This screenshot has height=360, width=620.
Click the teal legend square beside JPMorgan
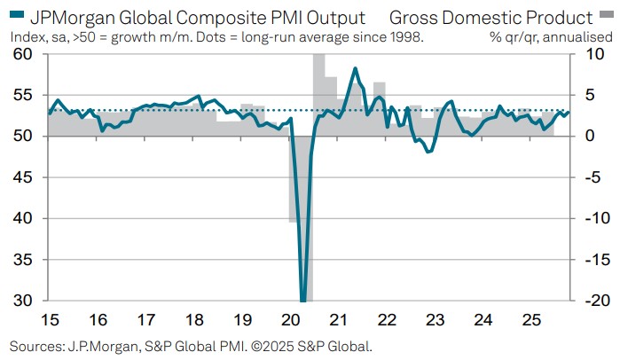pyautogui.click(x=17, y=17)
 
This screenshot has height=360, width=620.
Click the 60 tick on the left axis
pyautogui.click(x=26, y=54)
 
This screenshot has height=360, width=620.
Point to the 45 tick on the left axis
pyautogui.click(x=26, y=177)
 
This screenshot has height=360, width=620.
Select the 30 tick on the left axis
pyautogui.click(x=26, y=301)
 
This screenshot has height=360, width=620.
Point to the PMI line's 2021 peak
pyautogui.click(x=355, y=68)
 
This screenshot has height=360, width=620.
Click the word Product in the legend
pyautogui.click(x=561, y=17)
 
